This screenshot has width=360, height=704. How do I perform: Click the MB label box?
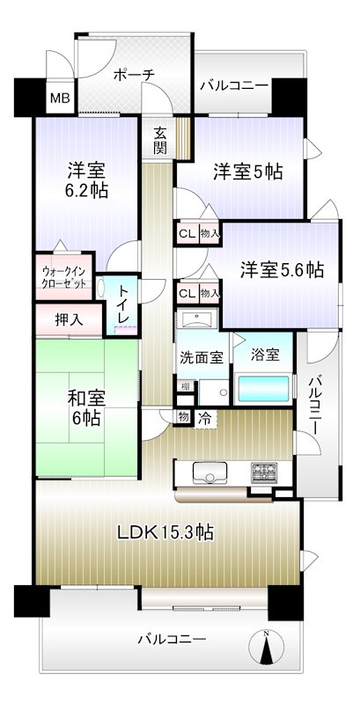59,99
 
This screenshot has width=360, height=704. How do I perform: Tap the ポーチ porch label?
135,76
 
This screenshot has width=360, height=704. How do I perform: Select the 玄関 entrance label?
160,141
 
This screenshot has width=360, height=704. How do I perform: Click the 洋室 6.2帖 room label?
85,179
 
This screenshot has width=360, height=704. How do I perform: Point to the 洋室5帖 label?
246,172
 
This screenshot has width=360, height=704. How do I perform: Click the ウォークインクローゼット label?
63,277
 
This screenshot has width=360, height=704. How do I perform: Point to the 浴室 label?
265,355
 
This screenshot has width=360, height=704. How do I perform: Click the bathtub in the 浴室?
265,388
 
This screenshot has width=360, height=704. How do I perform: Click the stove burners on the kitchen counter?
263,473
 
